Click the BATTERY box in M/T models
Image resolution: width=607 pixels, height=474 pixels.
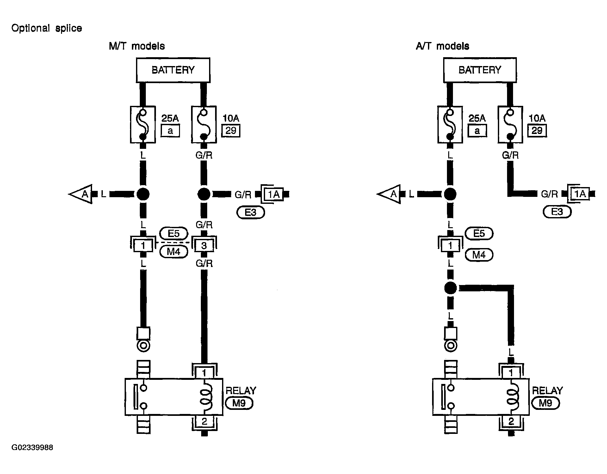pyautogui.click(x=173, y=70)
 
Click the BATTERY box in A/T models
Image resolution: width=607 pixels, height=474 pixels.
pyautogui.click(x=480, y=70)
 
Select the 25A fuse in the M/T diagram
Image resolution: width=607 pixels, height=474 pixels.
pyautogui.click(x=143, y=125)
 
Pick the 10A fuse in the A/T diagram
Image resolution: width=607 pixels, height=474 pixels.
pyautogui.click(x=510, y=125)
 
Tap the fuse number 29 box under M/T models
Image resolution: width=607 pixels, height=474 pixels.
pyautogui.click(x=231, y=131)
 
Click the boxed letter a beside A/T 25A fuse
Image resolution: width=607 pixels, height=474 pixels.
pyautogui.click(x=477, y=131)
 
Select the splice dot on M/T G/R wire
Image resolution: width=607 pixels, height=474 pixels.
pyautogui.click(x=204, y=194)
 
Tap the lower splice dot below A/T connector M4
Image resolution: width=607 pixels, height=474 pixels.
pyautogui.click(x=450, y=288)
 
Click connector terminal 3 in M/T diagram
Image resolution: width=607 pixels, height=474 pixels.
pyautogui.click(x=204, y=246)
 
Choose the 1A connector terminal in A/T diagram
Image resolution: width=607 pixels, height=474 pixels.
pyautogui.click(x=580, y=194)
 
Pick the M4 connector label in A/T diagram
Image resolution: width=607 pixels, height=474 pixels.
pyautogui.click(x=479, y=255)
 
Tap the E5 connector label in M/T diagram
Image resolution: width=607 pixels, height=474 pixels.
pyautogui.click(x=174, y=234)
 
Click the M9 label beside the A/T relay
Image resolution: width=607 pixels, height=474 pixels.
pyautogui.click(x=546, y=403)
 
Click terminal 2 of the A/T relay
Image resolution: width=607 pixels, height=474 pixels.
pyautogui.click(x=511, y=422)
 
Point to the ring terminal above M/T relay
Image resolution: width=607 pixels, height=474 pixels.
pyautogui.click(x=143, y=346)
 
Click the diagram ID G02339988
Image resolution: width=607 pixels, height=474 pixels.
pyautogui.click(x=32, y=448)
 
